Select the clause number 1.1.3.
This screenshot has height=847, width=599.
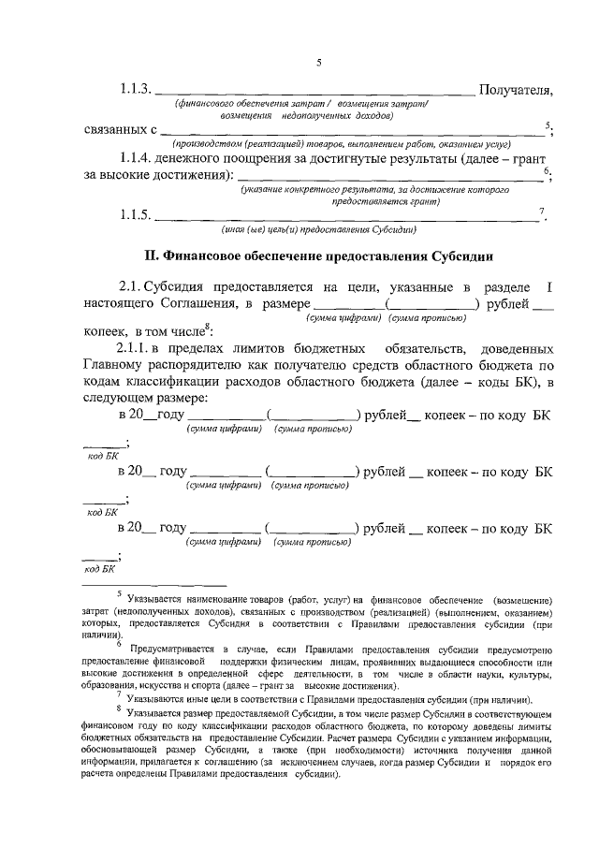tap(134, 90)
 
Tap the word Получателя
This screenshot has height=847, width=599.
tap(515, 90)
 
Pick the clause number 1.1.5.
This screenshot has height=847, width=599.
tap(134, 215)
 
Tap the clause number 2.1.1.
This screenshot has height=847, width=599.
tap(138, 348)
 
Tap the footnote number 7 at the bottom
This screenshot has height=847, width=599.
tap(118, 695)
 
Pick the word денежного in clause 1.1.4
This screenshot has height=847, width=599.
tap(194, 160)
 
